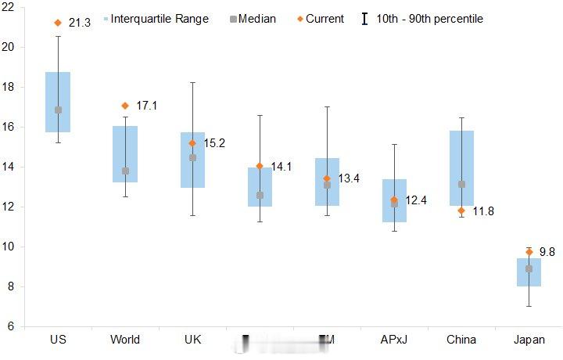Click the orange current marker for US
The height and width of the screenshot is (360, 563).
(x=58, y=23)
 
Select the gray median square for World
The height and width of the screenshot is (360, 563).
(x=125, y=171)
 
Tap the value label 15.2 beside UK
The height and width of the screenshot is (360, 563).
(x=214, y=143)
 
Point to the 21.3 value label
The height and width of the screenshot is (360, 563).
(x=80, y=23)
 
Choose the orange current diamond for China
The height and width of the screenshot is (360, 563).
(x=461, y=211)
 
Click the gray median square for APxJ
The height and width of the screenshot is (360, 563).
(x=394, y=203)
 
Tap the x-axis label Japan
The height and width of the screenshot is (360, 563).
(x=529, y=340)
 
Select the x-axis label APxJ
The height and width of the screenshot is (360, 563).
(x=394, y=340)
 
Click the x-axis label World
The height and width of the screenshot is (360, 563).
(x=125, y=340)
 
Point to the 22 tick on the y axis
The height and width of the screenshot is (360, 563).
(x=9, y=7)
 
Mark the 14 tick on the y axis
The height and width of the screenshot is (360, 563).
(x=9, y=167)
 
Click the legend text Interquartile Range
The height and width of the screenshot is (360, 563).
(x=160, y=18)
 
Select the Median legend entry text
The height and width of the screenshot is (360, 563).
(x=257, y=18)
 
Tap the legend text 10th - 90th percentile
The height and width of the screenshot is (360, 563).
(x=429, y=18)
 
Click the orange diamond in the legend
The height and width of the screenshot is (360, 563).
(x=299, y=18)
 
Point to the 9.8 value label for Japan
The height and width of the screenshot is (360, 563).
(x=547, y=252)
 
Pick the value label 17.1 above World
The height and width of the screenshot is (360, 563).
(x=146, y=106)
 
